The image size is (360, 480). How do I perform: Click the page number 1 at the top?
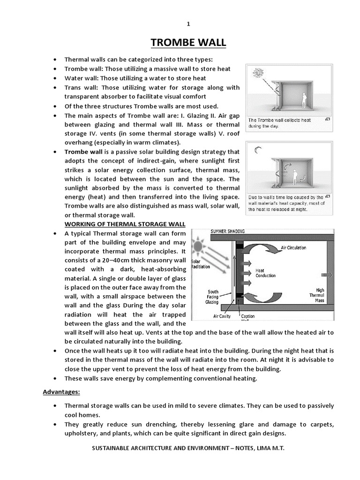point(188,24)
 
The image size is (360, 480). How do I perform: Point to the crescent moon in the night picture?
point(257,150)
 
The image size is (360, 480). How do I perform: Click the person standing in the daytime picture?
point(304,100)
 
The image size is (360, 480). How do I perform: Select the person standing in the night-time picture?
point(295,177)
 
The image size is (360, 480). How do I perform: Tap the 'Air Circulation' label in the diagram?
point(293,247)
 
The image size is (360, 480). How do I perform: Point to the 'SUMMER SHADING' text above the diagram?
point(227,231)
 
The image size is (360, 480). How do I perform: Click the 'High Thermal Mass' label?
point(317,295)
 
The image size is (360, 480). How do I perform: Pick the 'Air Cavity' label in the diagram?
point(222,316)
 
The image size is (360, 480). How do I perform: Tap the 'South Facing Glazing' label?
point(213,297)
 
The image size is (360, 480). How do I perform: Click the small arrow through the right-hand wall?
point(327,275)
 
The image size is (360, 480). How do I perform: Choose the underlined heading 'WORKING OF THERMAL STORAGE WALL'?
point(125,224)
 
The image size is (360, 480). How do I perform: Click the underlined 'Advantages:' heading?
point(62,391)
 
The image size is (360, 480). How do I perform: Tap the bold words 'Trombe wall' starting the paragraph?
point(83,152)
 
